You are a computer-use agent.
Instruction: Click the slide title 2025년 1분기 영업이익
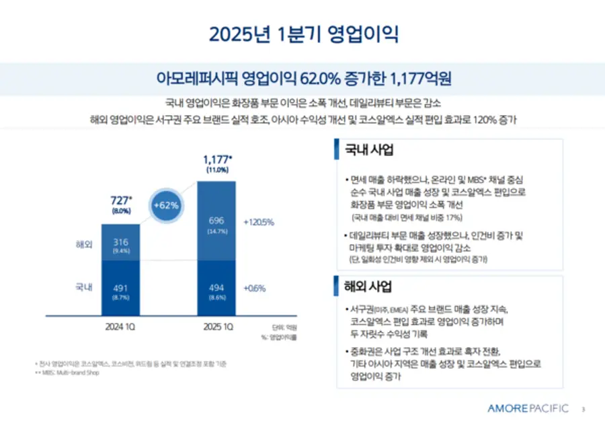[x=302, y=34]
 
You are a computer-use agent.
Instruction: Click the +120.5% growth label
[x=258, y=221]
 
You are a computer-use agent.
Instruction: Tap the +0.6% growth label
[x=255, y=289]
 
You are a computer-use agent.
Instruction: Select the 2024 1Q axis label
[x=122, y=328]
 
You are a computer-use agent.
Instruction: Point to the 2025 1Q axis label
[x=217, y=328]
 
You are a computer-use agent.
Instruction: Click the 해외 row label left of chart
[x=84, y=243]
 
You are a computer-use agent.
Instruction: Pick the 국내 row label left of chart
[x=84, y=288]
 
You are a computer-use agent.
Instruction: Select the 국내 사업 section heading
[x=369, y=150]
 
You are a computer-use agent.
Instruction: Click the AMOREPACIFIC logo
[x=528, y=408]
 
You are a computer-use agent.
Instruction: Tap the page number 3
[x=583, y=409]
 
